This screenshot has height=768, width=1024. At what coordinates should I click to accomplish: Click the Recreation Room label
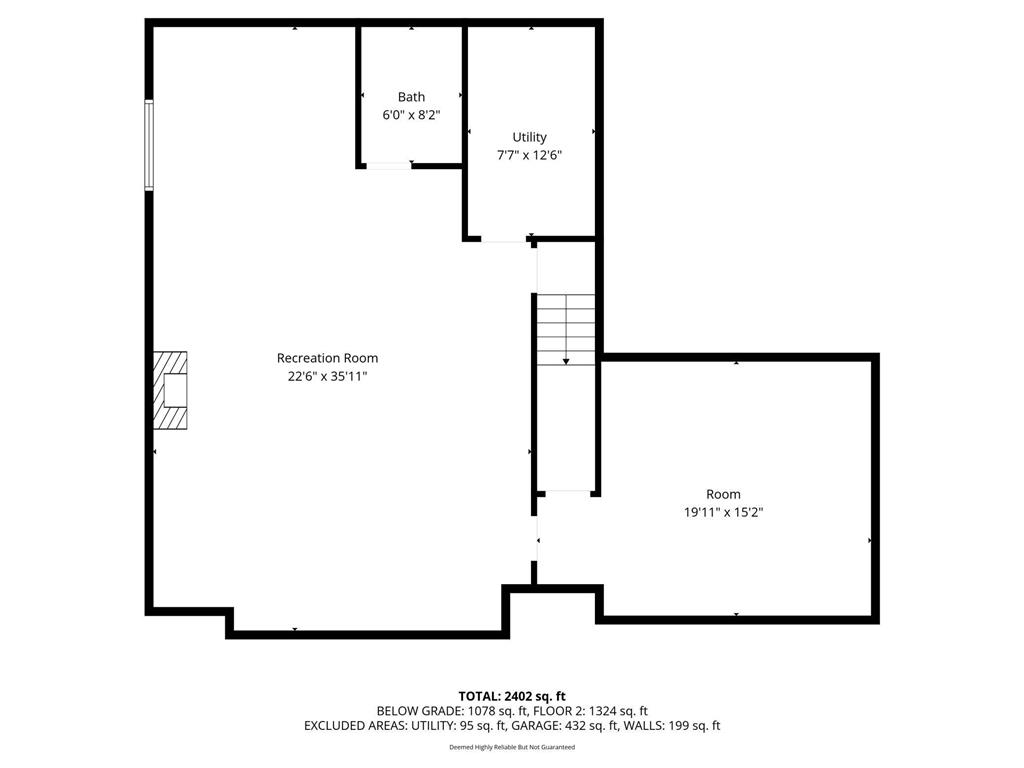point(327,358)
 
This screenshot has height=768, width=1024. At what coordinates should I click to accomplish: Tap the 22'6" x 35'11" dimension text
point(327,376)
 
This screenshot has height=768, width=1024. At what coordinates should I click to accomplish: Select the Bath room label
point(411,97)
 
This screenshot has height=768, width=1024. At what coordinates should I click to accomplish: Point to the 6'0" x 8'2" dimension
point(411,115)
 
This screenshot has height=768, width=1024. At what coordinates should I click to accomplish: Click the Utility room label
point(529,137)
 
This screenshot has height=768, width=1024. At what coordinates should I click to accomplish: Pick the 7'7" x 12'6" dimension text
point(529,155)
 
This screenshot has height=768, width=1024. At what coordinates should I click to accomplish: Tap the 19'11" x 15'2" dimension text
point(723,512)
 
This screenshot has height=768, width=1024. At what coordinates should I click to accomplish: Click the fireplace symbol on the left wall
point(170,390)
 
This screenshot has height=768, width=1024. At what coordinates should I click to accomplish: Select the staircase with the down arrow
point(567,329)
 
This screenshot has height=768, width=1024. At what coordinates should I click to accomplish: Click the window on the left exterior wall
point(149,145)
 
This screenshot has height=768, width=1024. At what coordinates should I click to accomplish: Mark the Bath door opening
point(389,166)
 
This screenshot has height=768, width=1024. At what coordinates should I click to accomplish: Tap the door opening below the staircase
point(567,491)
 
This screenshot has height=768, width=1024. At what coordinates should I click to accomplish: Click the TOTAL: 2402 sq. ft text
point(512,696)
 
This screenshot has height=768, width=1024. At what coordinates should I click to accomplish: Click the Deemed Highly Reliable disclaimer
point(512,747)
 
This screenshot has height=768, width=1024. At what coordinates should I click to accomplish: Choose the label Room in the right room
point(723,494)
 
